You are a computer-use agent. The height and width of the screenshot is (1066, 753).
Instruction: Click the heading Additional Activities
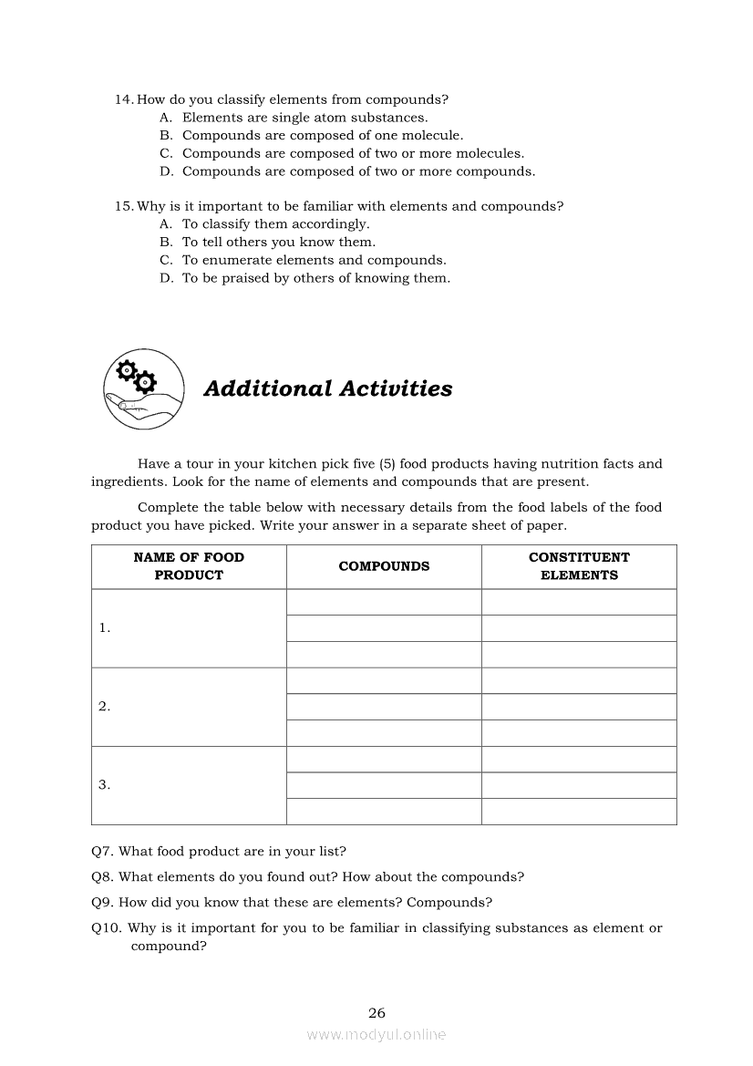coord(327,388)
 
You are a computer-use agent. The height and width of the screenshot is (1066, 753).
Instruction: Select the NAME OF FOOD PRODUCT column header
coord(189,566)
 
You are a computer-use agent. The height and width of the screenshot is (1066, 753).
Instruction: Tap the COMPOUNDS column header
coord(384,566)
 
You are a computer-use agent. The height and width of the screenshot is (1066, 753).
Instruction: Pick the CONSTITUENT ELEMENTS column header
coord(579,566)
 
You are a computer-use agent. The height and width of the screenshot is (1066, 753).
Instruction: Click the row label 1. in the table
coord(105,627)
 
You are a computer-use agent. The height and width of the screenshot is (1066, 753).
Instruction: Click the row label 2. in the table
coord(105,706)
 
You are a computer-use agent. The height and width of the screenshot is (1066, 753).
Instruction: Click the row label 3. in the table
coord(105,784)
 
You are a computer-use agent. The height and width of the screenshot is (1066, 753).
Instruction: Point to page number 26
coord(376,1012)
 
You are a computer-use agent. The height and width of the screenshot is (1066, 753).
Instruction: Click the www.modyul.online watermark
coord(376,1034)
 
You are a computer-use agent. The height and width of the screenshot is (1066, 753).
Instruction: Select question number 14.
coord(124,99)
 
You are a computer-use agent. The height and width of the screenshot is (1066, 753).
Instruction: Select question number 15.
coord(124,206)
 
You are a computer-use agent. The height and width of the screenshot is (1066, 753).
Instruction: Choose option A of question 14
coord(166,118)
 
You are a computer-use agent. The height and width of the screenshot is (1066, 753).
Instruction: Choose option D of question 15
coord(166,278)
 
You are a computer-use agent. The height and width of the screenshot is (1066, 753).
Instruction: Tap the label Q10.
coord(106,928)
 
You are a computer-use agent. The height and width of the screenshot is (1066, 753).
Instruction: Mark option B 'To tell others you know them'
coord(166,242)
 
